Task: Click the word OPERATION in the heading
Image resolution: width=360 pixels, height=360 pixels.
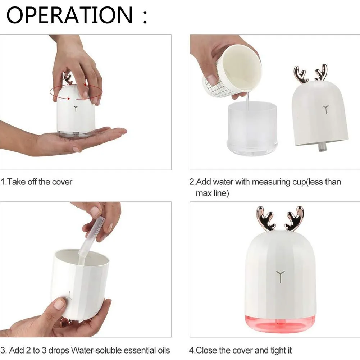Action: point(70,15)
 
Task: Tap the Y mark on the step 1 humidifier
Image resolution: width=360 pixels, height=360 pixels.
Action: point(76,109)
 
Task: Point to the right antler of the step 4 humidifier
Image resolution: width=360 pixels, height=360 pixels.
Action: point(295,218)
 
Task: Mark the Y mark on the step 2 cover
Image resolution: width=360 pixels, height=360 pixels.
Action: point(325,110)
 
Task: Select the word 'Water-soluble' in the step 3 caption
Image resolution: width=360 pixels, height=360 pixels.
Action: point(96,350)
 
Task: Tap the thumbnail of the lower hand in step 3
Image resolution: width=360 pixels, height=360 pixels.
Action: point(59,304)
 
